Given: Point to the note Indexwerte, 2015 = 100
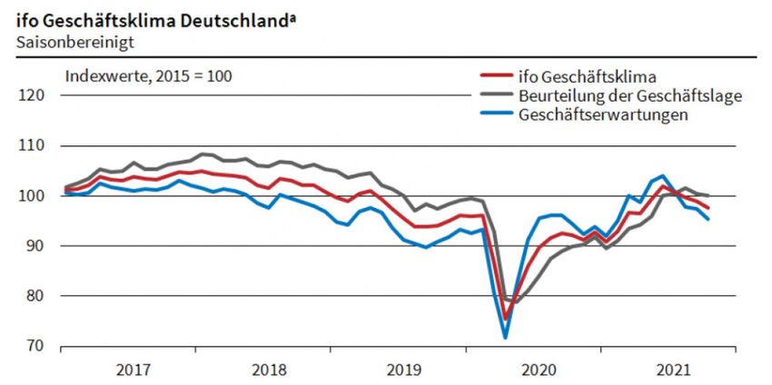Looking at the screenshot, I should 149,75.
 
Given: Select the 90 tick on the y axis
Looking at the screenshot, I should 36,246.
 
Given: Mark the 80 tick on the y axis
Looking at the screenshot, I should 36,296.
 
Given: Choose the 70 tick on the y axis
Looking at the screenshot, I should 36,346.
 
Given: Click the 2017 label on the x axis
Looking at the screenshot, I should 134,370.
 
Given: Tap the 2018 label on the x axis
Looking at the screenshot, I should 269,370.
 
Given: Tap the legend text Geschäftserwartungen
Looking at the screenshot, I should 603,114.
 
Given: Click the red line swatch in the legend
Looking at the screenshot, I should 494,76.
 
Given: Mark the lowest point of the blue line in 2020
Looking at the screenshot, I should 506,338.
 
